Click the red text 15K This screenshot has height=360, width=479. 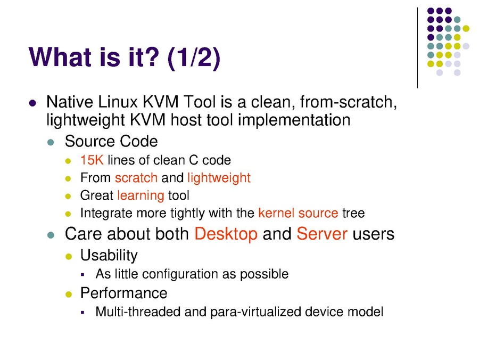(x=92, y=160)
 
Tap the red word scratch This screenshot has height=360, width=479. (x=136, y=178)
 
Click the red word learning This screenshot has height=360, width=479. (x=141, y=196)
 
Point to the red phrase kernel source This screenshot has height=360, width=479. (x=298, y=213)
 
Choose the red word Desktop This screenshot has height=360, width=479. (x=226, y=234)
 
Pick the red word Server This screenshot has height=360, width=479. (x=322, y=234)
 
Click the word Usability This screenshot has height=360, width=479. (x=109, y=256)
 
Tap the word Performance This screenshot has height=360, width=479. (x=123, y=293)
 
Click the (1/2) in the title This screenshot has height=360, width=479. (x=194, y=58)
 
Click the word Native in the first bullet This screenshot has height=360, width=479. (x=70, y=102)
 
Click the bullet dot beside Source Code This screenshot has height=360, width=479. (x=51, y=142)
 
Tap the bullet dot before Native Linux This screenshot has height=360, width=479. (x=32, y=103)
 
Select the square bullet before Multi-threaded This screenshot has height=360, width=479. (x=82, y=313)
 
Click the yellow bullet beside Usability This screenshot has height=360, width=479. (x=69, y=257)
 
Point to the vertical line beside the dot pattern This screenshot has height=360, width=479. (x=417, y=48)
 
